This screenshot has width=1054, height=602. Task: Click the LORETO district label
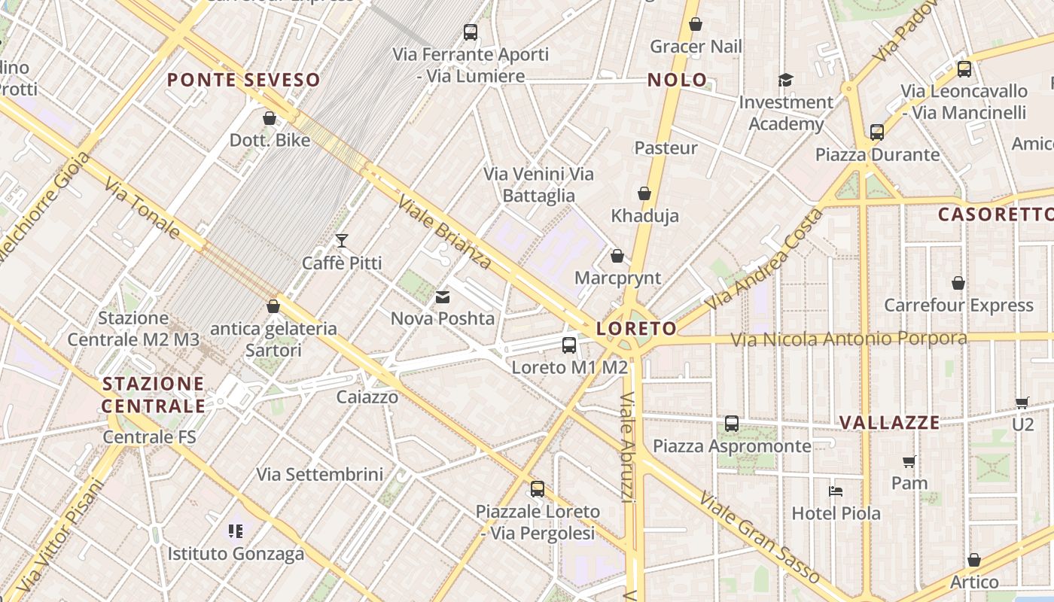coord(636,329)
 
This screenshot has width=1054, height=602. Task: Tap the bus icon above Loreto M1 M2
coord(569,345)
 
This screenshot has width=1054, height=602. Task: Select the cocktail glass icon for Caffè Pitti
coord(342,241)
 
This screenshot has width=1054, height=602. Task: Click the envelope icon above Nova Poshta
coord(443,297)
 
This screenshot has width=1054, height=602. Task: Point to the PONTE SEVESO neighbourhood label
coord(243,80)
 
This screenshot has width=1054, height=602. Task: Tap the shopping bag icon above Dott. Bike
coord(270,118)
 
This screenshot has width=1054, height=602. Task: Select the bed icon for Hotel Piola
coord(835,491)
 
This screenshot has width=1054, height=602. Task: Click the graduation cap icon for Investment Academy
coord(785,80)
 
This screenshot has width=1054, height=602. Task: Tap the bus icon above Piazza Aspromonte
coord(732,424)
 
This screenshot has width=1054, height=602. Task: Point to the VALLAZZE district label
coord(889,422)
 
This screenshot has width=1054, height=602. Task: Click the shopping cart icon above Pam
coord(909,461)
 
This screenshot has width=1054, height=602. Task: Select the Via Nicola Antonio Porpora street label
coord(848,339)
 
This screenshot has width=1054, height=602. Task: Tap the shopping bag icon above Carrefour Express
coord(958,283)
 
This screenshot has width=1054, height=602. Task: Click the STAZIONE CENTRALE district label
coord(154,395)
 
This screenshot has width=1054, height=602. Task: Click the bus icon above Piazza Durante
coord(877,132)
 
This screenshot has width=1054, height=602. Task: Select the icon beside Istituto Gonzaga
coord(236,531)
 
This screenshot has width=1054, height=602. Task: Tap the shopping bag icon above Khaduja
coord(644,193)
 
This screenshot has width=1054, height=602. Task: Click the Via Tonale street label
coord(142,208)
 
